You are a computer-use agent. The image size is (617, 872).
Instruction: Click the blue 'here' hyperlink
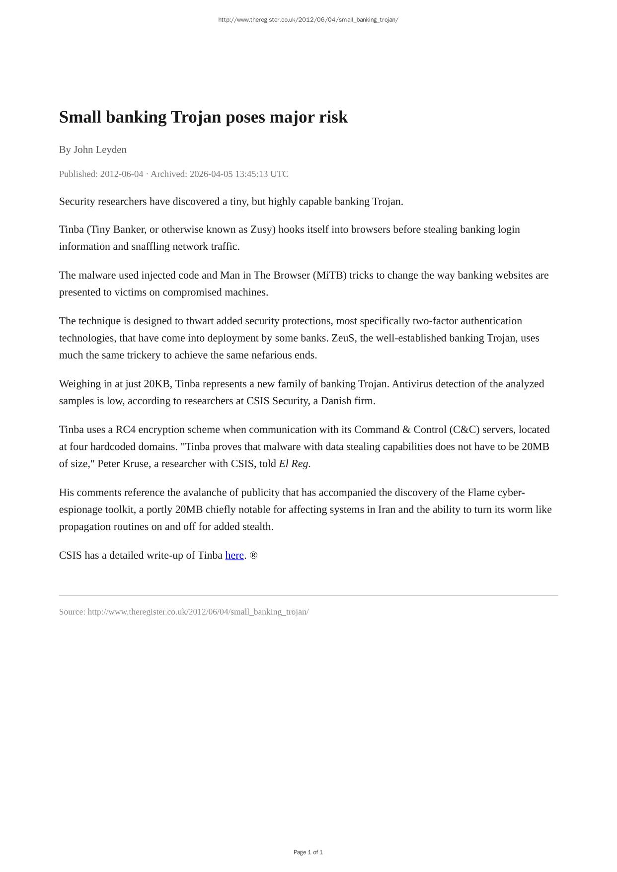[234, 555]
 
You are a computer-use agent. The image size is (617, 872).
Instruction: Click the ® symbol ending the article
[253, 555]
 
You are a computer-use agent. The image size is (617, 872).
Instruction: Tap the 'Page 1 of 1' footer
[308, 852]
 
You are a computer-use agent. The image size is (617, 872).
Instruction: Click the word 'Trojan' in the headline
[196, 117]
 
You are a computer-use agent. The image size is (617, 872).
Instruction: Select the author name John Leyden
[100, 149]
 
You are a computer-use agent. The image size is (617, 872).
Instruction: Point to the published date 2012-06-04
[121, 174]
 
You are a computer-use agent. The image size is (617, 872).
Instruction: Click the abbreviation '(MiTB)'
[330, 275]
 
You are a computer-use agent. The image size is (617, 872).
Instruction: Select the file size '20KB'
[156, 384]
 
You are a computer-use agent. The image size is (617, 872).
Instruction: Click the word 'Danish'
[336, 401]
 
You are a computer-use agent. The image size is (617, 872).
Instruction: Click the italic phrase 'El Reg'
[294, 464]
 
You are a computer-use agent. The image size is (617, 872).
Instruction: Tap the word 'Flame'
[480, 493]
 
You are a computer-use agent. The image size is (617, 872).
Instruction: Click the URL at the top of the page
[308, 20]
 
